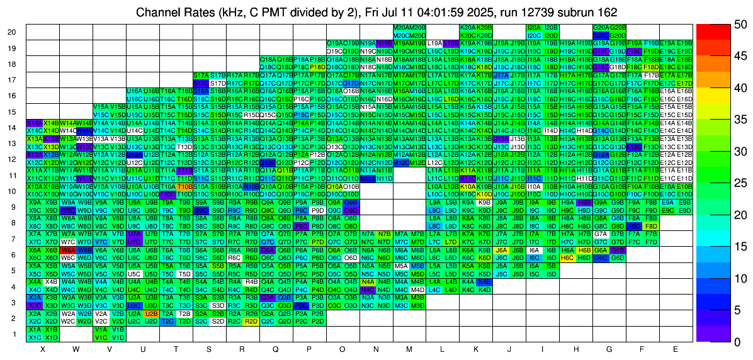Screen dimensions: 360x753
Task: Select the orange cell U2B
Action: point(151,313)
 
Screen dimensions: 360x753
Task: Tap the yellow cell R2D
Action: point(251,321)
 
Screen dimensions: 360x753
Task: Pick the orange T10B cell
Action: point(184,187)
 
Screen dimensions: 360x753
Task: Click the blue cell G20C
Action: point(601,36)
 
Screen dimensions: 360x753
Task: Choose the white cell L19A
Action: point(434,43)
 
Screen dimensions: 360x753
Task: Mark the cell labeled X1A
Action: point(35,329)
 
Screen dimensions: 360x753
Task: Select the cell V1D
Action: point(118,337)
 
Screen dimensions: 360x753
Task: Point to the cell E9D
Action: point(684,210)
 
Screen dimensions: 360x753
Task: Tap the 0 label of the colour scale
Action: point(734,341)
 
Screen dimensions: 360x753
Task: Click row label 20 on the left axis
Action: point(13,32)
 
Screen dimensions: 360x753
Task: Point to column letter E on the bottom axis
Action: point(676,349)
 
